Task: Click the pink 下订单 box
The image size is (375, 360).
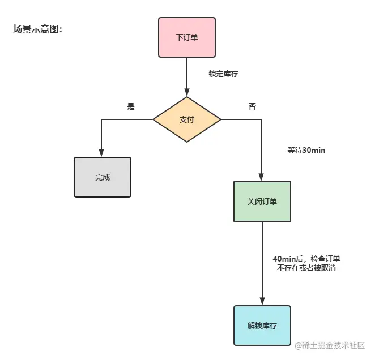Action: coord(187,37)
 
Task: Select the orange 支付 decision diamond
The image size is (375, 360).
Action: coord(187,119)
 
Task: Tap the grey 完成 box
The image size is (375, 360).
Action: coord(103,177)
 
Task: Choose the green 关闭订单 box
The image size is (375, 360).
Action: coord(262,202)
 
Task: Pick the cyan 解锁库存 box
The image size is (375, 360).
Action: coord(262,325)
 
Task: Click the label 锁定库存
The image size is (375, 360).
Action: coord(223,74)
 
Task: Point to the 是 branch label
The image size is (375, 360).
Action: coord(131,106)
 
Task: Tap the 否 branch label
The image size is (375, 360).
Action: coord(252,106)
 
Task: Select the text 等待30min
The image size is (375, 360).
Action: coord(306,151)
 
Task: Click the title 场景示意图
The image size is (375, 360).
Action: coord(37,29)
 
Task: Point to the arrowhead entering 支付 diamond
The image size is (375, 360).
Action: coord(187,93)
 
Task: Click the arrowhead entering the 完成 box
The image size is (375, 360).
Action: coord(102,153)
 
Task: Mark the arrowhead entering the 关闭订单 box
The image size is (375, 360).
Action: coord(262,178)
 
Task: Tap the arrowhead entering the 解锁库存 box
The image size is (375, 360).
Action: coord(262,302)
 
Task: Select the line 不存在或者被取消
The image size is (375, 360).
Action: coord(306,268)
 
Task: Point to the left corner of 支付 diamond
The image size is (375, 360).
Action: coord(154,119)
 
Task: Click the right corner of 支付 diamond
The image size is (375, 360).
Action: coord(220,119)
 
